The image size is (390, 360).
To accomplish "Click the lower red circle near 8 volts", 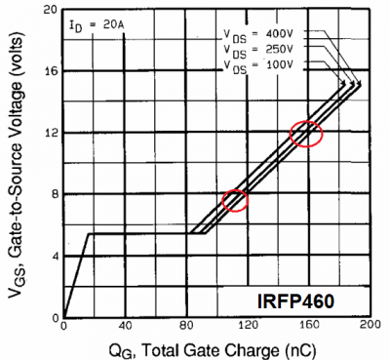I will click(236, 200).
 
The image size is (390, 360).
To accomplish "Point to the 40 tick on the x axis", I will click(125, 327).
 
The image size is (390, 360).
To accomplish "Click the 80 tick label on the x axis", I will click(187, 327).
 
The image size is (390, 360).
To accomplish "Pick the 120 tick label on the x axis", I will click(248, 327).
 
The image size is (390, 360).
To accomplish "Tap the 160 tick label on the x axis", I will click(310, 327).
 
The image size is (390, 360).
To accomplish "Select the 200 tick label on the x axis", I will click(370, 327).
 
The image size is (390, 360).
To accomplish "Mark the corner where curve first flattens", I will click(89, 233).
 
